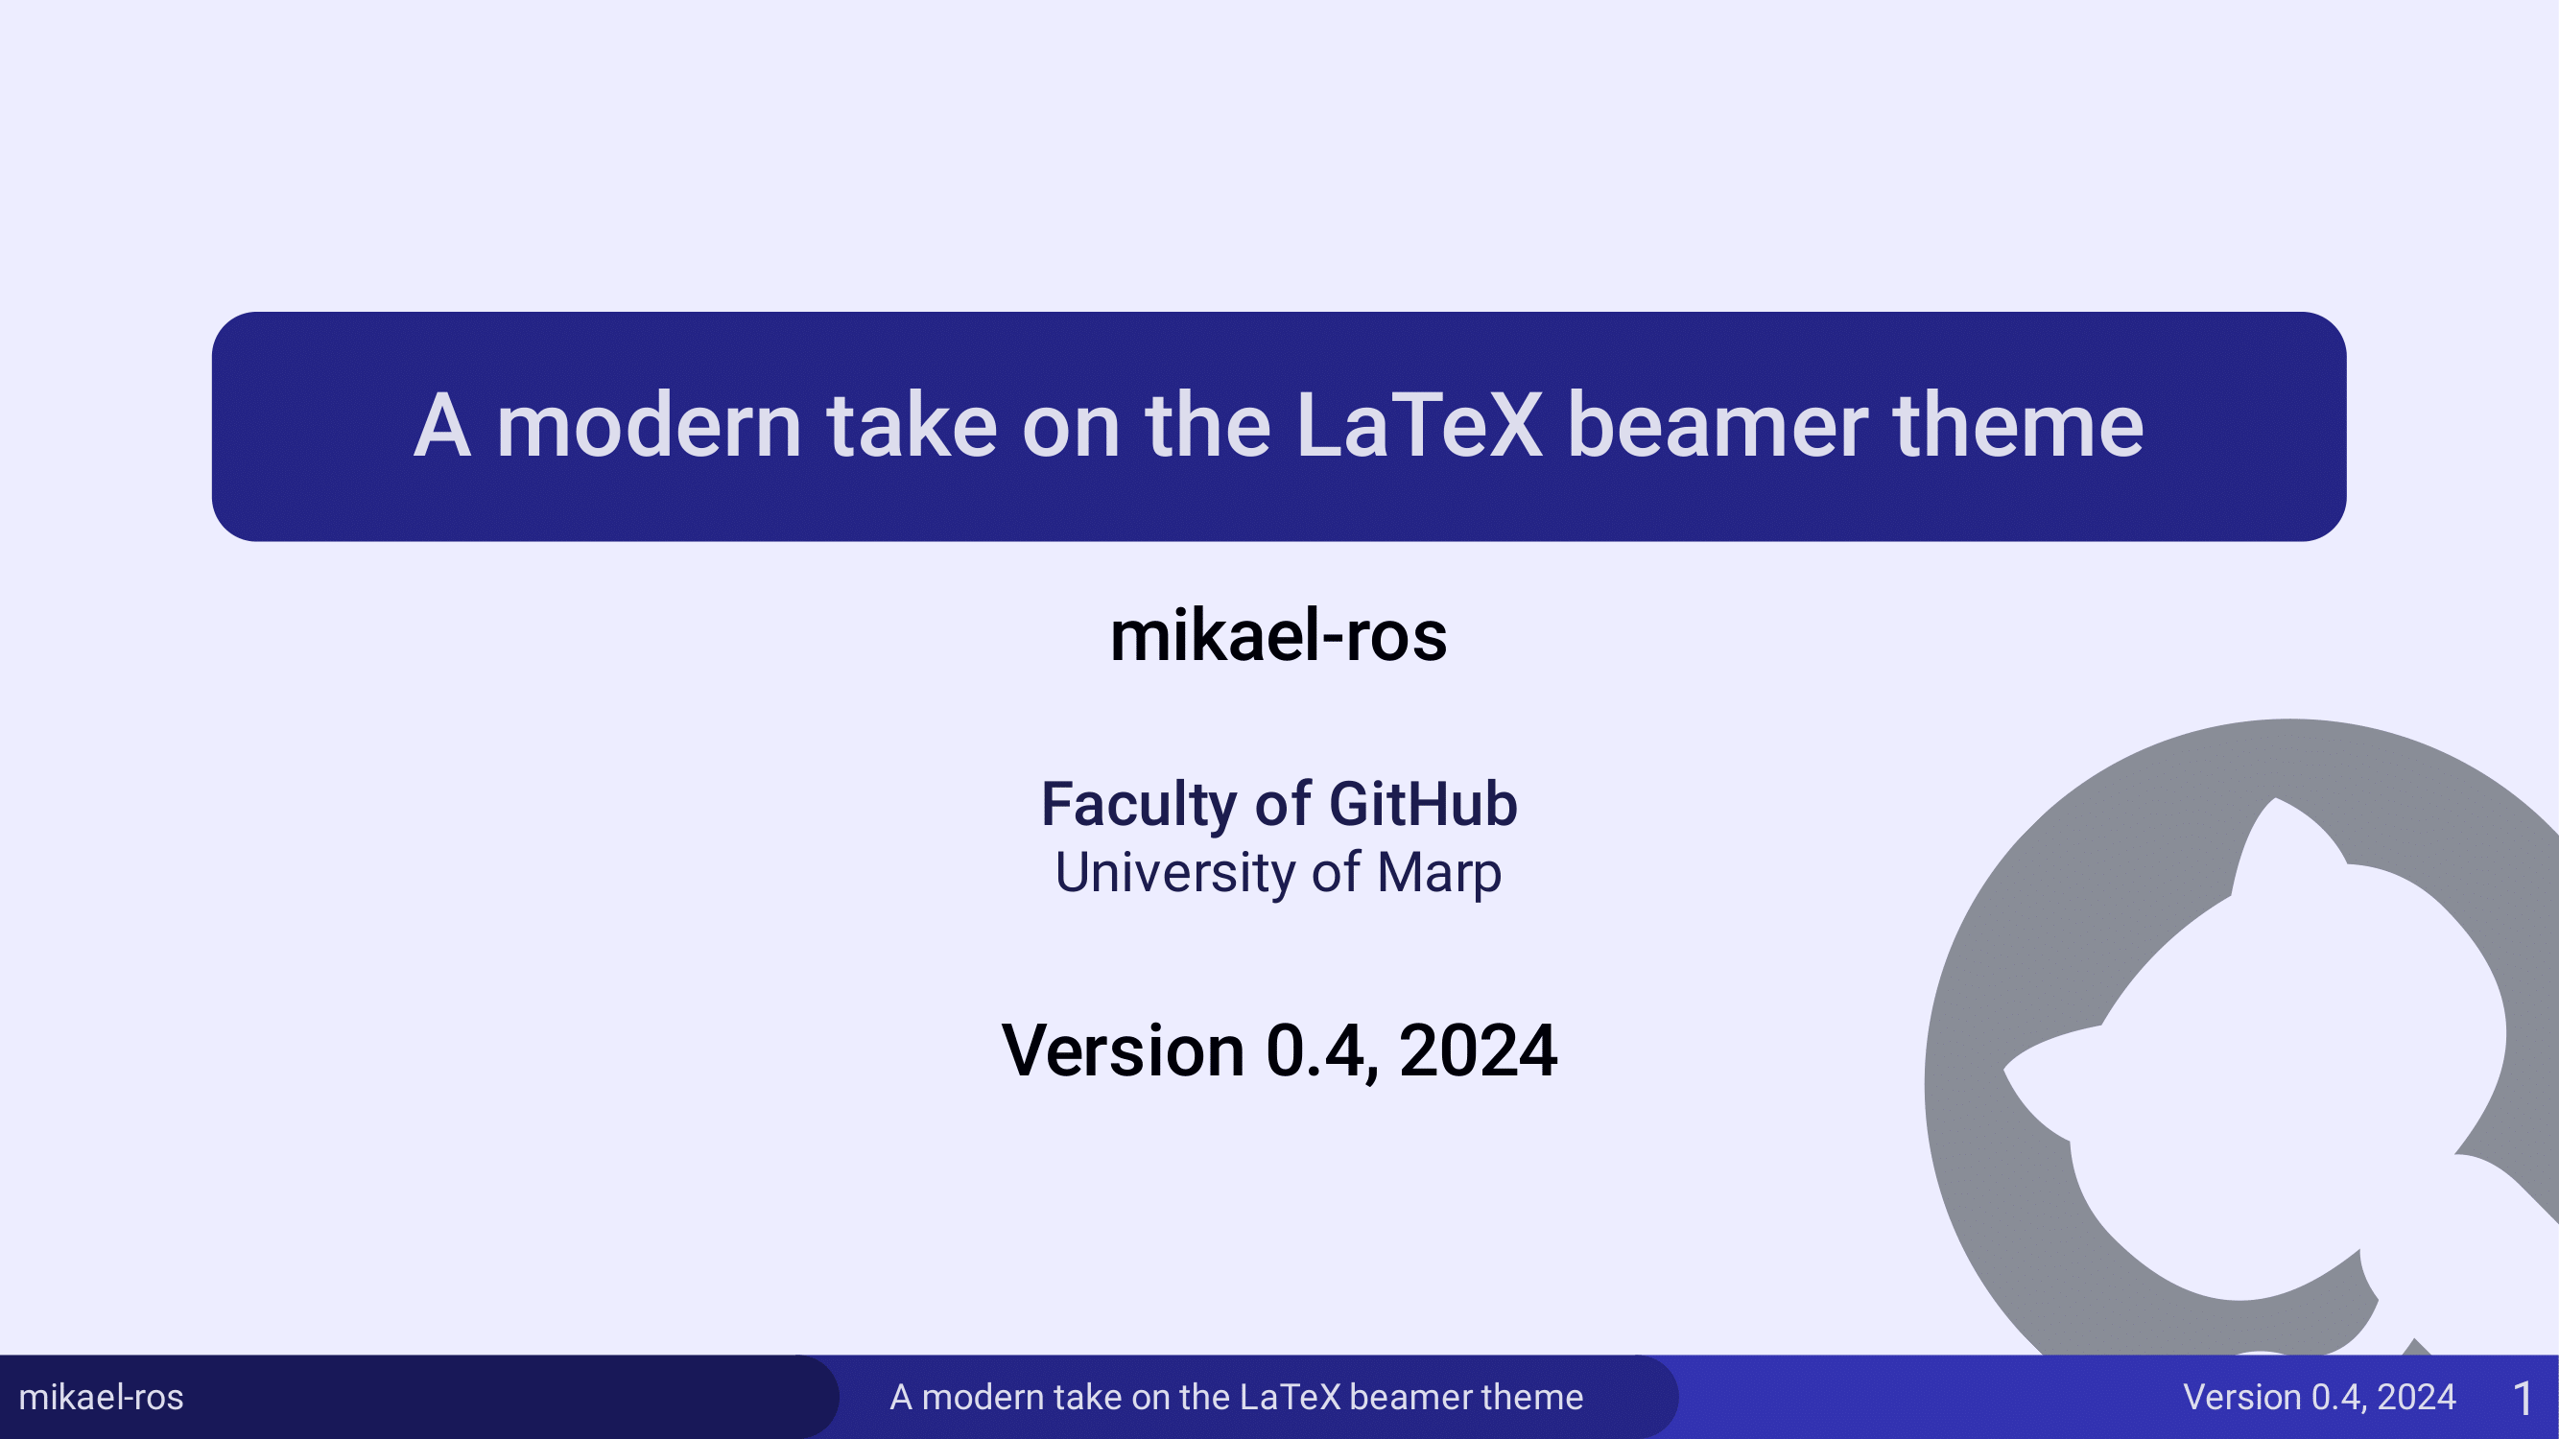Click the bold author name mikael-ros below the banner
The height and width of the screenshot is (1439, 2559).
pyautogui.click(x=1278, y=636)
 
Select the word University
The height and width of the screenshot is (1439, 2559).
pyautogui.click(x=1174, y=874)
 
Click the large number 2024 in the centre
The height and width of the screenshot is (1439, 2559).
pyautogui.click(x=1478, y=1050)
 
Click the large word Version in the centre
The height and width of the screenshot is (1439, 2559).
pyautogui.click(x=1123, y=1050)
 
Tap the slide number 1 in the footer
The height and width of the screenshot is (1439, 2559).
pyautogui.click(x=2523, y=1400)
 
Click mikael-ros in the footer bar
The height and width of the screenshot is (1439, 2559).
pyautogui.click(x=102, y=1398)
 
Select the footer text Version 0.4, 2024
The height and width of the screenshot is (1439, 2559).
pyautogui.click(x=2319, y=1398)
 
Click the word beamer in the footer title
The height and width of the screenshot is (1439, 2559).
pyautogui.click(x=1403, y=1398)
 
